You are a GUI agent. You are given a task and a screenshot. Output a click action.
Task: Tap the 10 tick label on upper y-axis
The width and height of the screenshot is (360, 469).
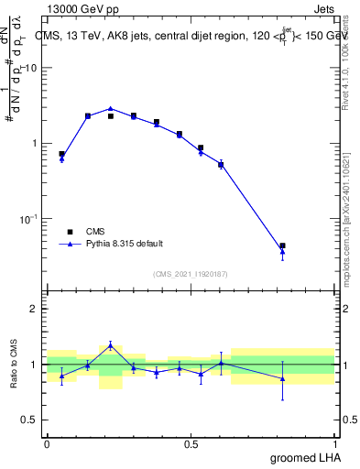pos(30,69)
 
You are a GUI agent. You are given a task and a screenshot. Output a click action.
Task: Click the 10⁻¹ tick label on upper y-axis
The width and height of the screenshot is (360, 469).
pos(28,219)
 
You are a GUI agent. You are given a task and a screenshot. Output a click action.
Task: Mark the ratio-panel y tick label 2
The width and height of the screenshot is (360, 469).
pos(33,310)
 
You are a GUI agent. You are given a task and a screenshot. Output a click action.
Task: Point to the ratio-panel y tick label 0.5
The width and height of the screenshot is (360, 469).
pos(28,420)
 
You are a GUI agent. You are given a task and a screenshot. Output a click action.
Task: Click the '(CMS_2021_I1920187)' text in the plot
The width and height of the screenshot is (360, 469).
pos(191,274)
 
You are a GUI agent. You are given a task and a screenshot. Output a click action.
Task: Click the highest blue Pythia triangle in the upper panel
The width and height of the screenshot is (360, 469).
pos(111,108)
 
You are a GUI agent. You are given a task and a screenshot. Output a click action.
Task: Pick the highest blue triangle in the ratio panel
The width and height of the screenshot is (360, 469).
pos(111,345)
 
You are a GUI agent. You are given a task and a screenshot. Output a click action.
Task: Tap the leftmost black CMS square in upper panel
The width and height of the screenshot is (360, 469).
pos(61,154)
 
